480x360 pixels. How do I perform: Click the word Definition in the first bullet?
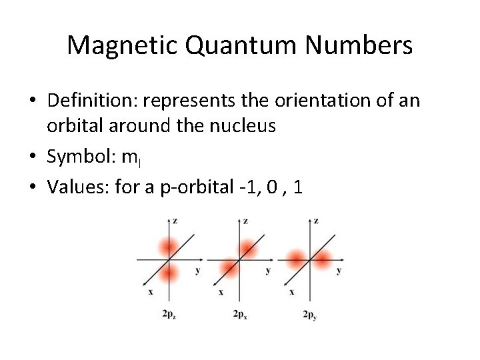tap(93, 101)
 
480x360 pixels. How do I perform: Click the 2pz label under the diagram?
tap(169, 314)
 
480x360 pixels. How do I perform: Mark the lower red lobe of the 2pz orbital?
tap(169, 272)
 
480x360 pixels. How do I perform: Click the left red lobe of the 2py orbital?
tap(297, 258)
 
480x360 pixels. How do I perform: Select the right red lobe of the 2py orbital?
tap(323, 259)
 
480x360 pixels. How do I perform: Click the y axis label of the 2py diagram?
tap(339, 271)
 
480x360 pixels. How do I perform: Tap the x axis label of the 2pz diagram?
tap(150, 292)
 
